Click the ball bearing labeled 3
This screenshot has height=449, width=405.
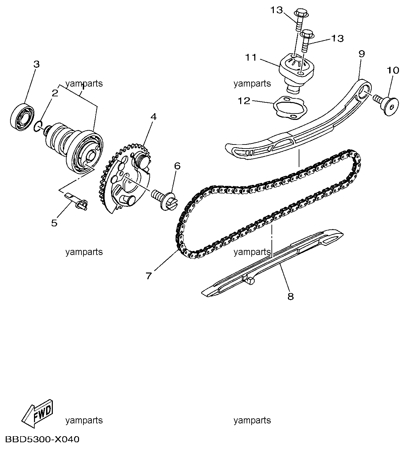[x=22, y=117]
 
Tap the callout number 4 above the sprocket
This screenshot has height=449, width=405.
[x=153, y=117]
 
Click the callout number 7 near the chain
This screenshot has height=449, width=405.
[x=149, y=276]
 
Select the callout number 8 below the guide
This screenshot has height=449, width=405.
[x=290, y=296]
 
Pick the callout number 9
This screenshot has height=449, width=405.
[x=362, y=54]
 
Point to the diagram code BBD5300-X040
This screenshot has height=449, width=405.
[x=42, y=439]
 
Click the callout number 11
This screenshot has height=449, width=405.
[x=251, y=58]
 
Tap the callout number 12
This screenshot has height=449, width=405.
[x=244, y=101]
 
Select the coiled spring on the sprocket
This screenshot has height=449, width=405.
[x=141, y=160]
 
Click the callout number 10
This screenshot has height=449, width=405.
[x=393, y=70]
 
